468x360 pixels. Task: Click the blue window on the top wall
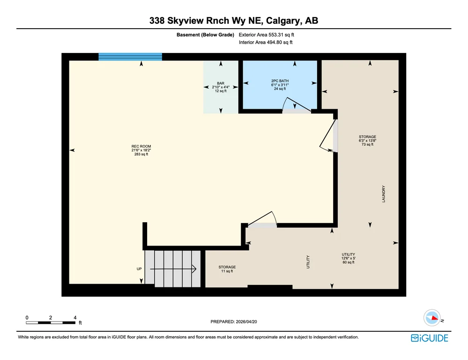tap(130, 57)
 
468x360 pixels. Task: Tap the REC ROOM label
tap(141, 150)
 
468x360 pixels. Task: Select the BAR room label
tap(221, 87)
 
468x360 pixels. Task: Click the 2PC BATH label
tap(280, 84)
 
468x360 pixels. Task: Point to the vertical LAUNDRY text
tap(384, 194)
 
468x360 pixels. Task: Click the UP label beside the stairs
tap(139, 269)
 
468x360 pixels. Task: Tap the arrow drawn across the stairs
tap(173, 269)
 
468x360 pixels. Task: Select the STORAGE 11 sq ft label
tap(227, 269)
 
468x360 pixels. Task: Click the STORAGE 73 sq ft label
tap(367, 141)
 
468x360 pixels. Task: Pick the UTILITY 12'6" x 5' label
tap(349, 258)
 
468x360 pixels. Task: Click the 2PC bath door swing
tap(297, 105)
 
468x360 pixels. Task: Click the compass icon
tap(432, 318)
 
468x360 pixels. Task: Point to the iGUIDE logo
tap(430, 338)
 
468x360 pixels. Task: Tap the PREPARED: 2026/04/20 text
tap(234, 322)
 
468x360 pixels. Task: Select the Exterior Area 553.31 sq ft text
tap(266, 35)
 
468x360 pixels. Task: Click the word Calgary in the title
tap(283, 21)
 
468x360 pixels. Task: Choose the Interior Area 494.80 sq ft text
tap(266, 43)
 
